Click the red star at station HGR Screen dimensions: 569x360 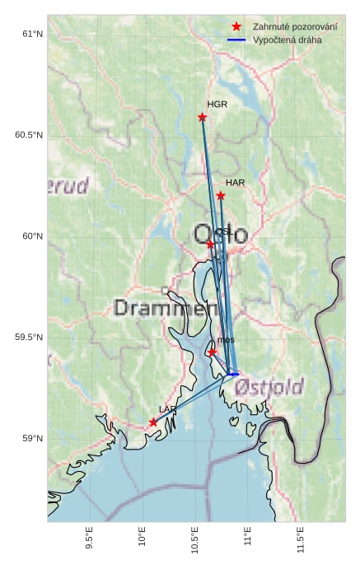point(203,117)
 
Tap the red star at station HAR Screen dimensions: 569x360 point(221,196)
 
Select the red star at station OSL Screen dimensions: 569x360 point(211,245)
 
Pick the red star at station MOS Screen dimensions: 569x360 point(213,352)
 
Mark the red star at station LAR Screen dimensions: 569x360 point(154,422)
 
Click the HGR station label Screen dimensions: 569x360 point(217,105)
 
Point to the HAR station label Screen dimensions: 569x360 point(236,183)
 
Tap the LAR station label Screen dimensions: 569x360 point(168,409)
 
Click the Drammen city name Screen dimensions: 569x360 point(161,309)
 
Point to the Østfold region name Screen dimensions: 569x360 point(269,386)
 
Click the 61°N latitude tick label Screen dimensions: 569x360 point(32,34)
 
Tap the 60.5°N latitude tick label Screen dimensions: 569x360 point(29,135)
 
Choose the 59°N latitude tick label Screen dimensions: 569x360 point(32,439)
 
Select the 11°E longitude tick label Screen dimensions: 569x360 point(248,539)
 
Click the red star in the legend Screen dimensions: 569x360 point(236,26)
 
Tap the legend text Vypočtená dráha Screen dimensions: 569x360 point(288,40)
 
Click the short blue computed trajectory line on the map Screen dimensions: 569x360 point(233,375)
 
